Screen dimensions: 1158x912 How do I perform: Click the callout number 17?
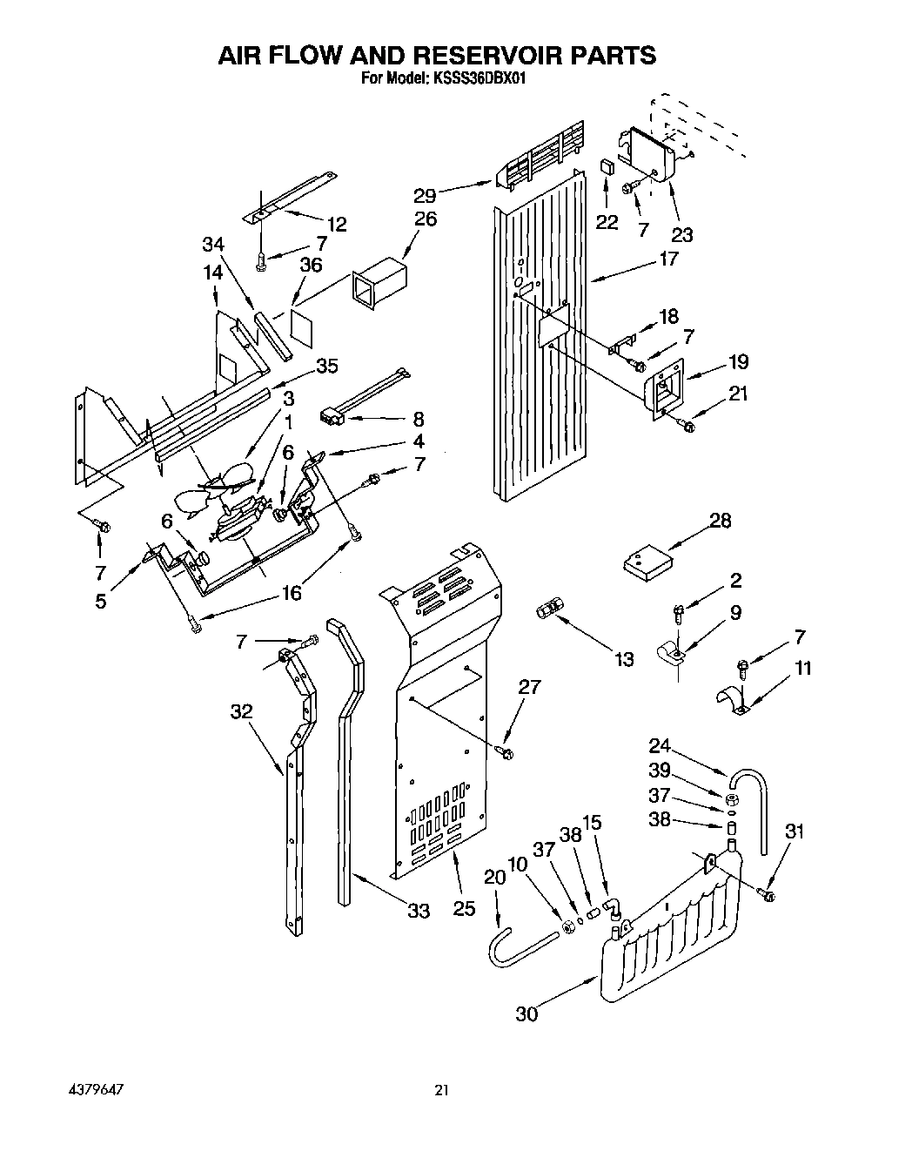(x=667, y=259)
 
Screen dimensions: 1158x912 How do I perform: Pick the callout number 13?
(x=624, y=659)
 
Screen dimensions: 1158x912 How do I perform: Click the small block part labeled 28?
(x=647, y=562)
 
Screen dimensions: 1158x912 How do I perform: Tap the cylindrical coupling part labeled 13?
(x=549, y=607)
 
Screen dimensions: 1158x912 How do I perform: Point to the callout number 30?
(x=526, y=1013)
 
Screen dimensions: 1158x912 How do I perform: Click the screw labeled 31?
(x=767, y=893)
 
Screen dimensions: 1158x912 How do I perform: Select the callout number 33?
(x=419, y=911)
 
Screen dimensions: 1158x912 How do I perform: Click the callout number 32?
(x=241, y=710)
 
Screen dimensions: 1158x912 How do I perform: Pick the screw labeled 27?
(x=505, y=749)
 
